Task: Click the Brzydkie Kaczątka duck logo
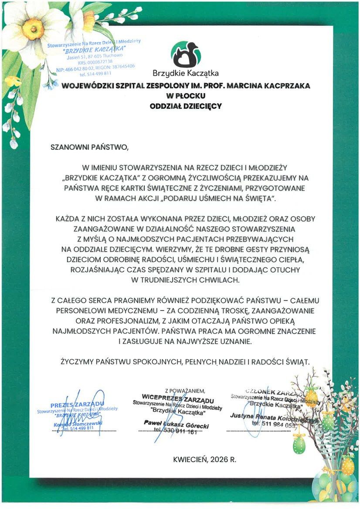186,54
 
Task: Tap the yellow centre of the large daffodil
34,29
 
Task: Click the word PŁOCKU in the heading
189,96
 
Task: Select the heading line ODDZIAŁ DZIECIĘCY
186,106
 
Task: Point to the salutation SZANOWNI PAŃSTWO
90,147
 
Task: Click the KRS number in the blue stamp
102,63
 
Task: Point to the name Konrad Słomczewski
78,423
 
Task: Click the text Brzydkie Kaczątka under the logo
186,73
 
